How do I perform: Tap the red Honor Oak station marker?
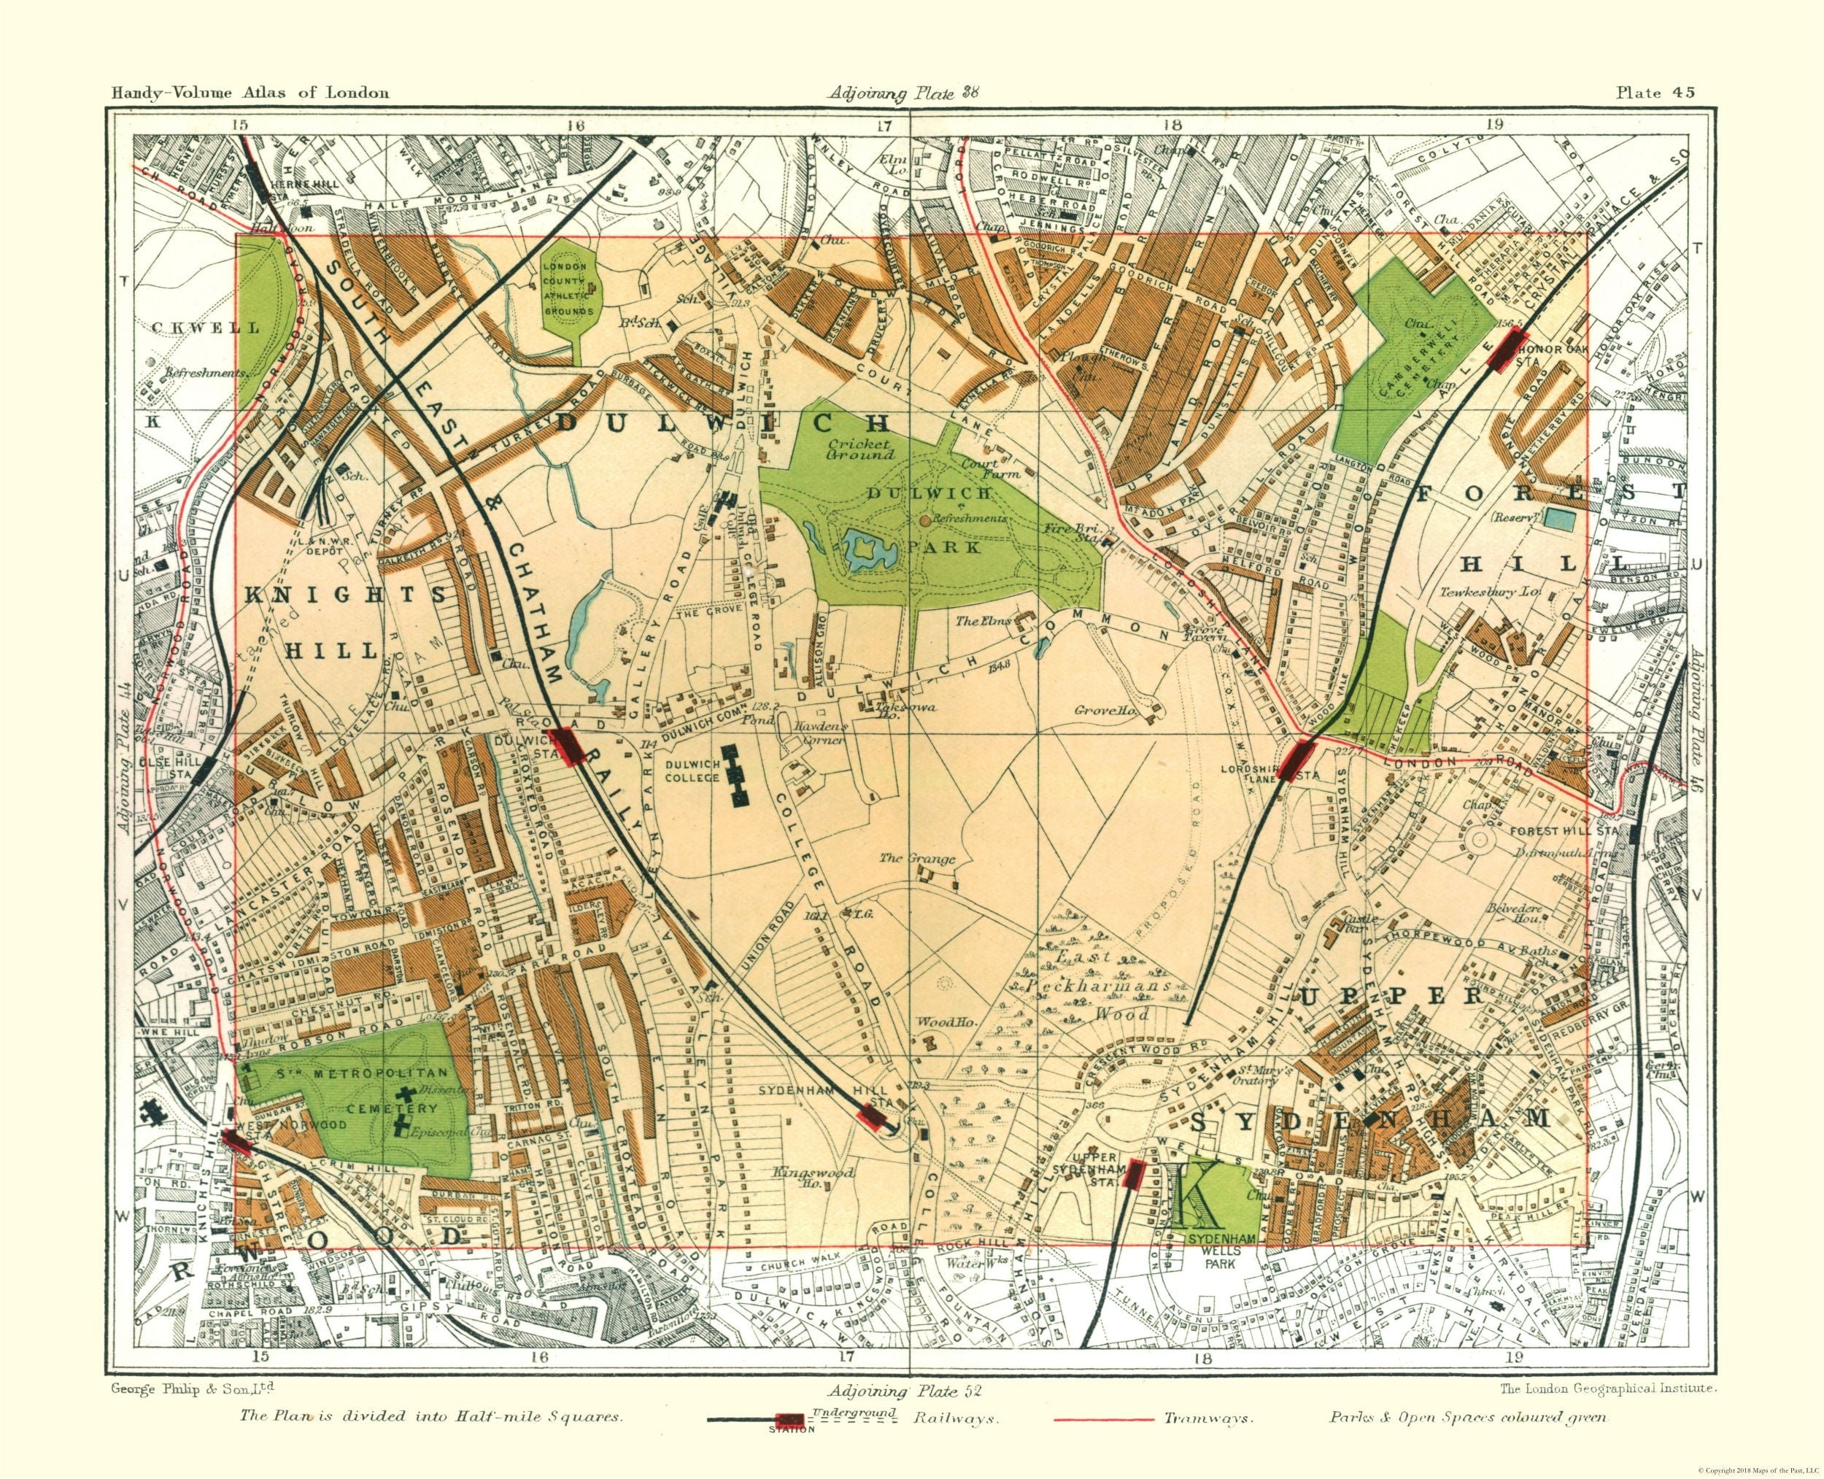coord(1505,350)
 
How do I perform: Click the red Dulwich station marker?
coord(565,746)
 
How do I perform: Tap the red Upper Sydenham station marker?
coord(1134,1174)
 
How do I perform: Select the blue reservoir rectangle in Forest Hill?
coord(1558,518)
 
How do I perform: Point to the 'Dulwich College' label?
coord(693,771)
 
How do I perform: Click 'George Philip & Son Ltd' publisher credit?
coord(192,1388)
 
